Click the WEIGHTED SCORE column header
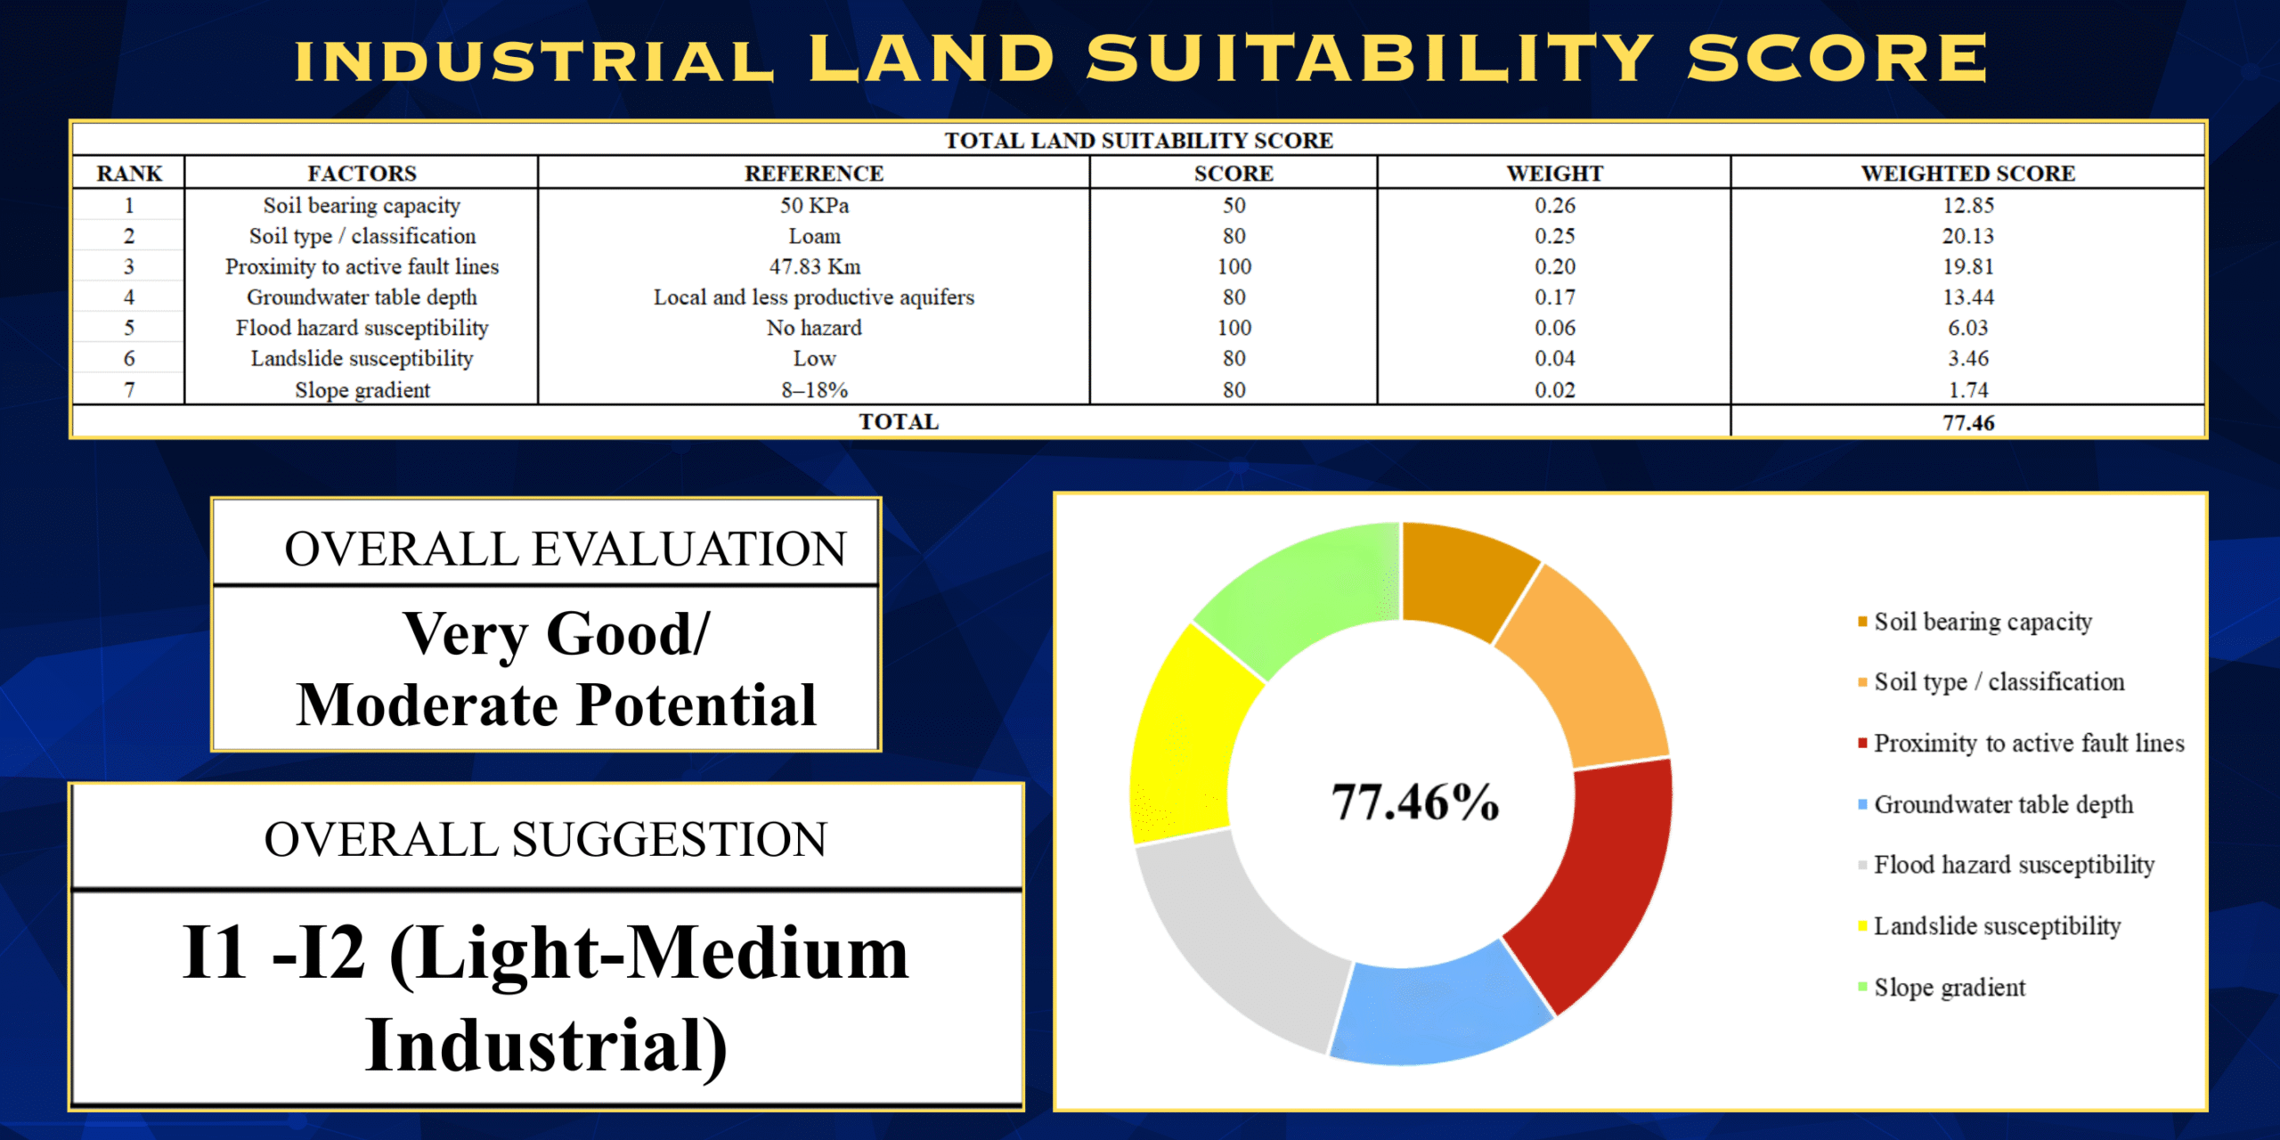[1967, 173]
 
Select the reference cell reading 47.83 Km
[814, 266]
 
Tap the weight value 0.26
[1554, 205]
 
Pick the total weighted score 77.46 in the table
[1968, 422]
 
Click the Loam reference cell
[814, 236]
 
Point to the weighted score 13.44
[1968, 297]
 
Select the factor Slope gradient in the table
[362, 390]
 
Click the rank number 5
[129, 328]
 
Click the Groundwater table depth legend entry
[2003, 804]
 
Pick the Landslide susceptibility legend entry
[1997, 926]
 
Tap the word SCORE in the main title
[1836, 59]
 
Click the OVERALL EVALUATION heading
[565, 548]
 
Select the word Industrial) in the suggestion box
[545, 1046]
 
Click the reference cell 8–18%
[814, 390]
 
